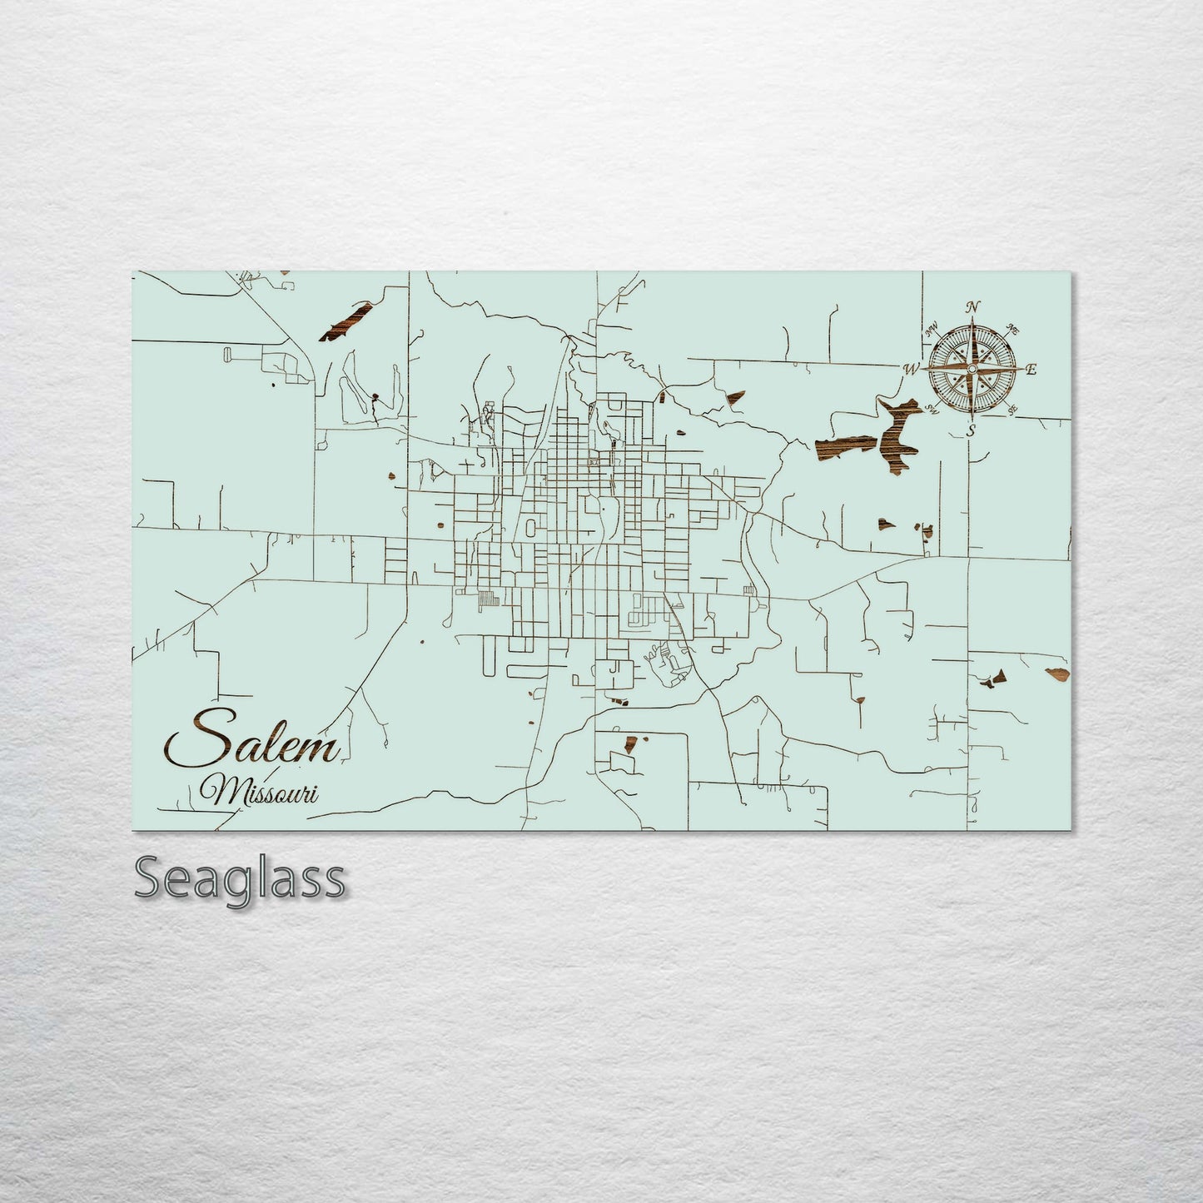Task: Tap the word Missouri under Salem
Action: click(x=260, y=790)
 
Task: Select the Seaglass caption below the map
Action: click(x=239, y=878)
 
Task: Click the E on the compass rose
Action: click(x=1031, y=370)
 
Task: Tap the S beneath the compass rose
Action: click(x=971, y=430)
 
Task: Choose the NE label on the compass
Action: click(x=1013, y=329)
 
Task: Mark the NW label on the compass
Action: click(x=932, y=329)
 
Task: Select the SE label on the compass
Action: click(x=1013, y=409)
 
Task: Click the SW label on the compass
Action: click(x=932, y=408)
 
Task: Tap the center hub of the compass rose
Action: click(x=972, y=368)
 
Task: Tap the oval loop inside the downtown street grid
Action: click(x=529, y=527)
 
